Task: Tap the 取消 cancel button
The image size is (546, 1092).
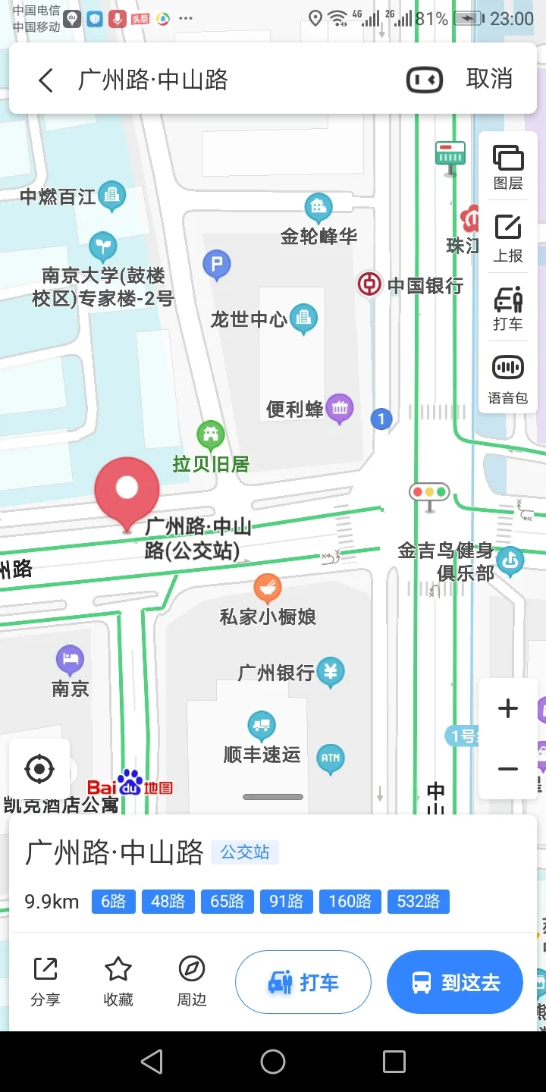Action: pos(489,79)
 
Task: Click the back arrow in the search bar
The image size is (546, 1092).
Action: pos(46,80)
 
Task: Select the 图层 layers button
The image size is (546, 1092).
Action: pos(508,167)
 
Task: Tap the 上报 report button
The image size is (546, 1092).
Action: pos(508,238)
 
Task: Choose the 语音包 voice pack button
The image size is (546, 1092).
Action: pos(508,379)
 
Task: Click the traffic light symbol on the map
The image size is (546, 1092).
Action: pos(429,492)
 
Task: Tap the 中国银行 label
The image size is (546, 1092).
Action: pos(425,286)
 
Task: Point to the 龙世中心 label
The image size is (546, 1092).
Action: pos(249,319)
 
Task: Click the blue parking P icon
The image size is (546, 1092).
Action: pos(217,265)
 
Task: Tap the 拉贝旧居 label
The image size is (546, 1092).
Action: pos(211,464)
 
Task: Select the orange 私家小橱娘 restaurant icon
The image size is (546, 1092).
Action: pos(267,587)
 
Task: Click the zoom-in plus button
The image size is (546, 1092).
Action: pos(507,709)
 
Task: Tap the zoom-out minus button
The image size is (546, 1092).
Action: pos(507,769)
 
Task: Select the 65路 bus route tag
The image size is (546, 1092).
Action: pos(227,901)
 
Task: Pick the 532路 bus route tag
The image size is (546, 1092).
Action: pos(418,901)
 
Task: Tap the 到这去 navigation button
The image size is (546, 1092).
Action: pos(455,983)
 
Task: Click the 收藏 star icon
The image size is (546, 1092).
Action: pos(118,969)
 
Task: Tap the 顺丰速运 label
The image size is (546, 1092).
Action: pos(262,755)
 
